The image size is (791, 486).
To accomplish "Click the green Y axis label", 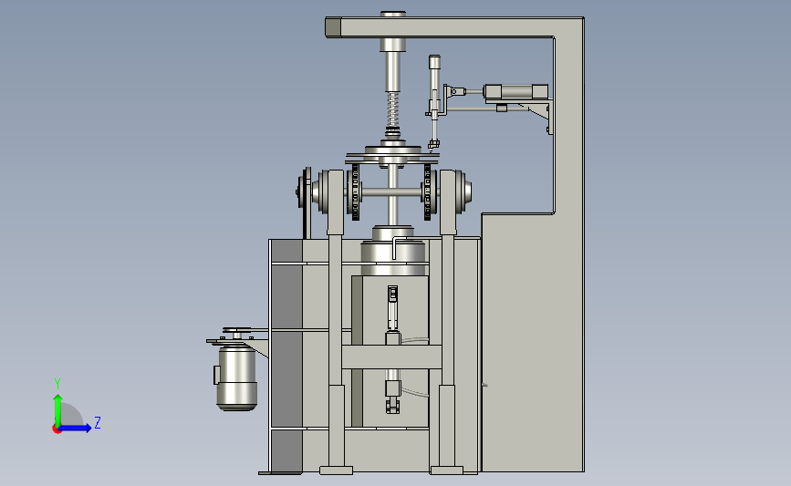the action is click(57, 384).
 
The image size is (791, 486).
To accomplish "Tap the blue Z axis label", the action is click(98, 422).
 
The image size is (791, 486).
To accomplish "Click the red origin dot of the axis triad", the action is click(57, 429).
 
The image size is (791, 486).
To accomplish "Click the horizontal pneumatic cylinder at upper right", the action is click(515, 92).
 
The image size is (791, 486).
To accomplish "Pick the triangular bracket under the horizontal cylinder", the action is click(537, 112).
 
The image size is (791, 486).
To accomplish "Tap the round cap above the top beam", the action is click(393, 14).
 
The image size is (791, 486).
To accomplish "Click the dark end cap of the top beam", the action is click(333, 27).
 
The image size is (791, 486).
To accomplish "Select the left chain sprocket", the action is click(355, 192).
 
